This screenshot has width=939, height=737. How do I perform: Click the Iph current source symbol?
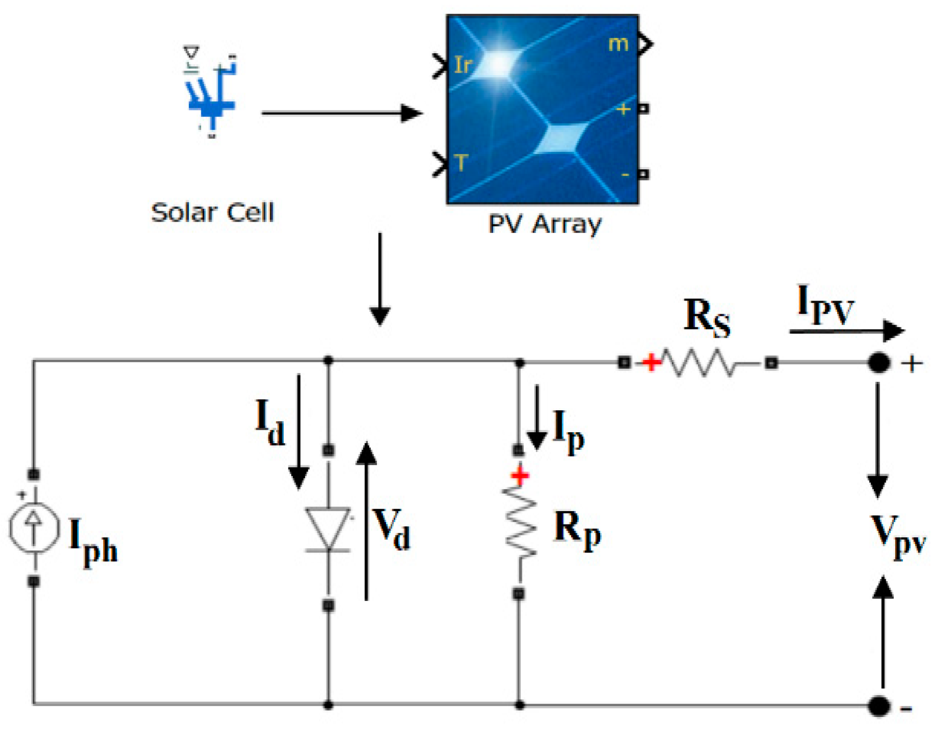pos(34,528)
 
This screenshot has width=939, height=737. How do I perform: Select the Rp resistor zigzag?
pos(519,521)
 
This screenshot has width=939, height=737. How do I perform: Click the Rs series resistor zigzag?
pos(698,363)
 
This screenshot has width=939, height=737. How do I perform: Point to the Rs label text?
pos(706,317)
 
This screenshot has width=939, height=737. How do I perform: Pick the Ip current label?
pos(568,430)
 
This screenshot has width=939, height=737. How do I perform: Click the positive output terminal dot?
pos(878,363)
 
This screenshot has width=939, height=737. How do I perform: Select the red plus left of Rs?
pos(651,363)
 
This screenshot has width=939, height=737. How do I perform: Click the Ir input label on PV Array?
pos(463,65)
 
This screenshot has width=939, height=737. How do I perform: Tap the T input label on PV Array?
pos(461,163)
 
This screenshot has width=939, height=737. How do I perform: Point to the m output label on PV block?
pos(618,44)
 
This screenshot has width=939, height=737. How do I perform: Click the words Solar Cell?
pos(212,213)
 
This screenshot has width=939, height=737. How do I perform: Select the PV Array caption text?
pos(544,224)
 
